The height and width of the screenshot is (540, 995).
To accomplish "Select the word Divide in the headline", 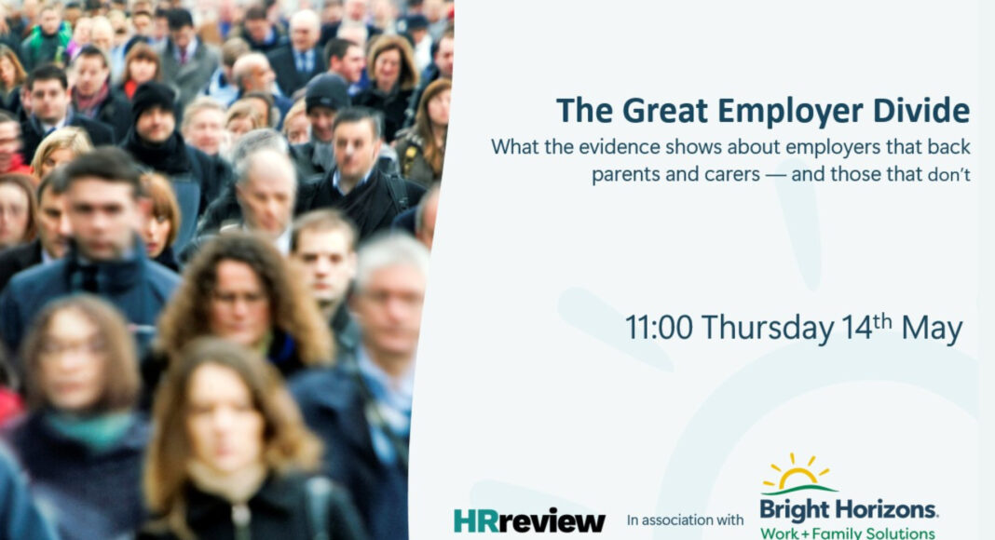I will point(920,111).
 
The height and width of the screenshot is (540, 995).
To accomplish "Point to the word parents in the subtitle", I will point(625,174).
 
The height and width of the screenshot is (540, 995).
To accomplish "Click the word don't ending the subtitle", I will point(949,175).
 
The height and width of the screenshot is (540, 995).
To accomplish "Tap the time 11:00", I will point(659,328).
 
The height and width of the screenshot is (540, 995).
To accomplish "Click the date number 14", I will point(858,328).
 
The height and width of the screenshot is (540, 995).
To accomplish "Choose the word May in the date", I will point(932,328).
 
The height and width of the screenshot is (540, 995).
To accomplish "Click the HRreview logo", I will point(529,520).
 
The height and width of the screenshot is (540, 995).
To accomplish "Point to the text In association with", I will point(686,520).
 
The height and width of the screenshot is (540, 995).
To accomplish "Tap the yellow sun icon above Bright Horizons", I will point(795,472).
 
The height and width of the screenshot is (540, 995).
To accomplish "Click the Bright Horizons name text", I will point(848,509).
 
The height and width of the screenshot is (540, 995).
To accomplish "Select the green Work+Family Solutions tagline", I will point(848,533).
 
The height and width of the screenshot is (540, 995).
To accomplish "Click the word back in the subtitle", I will point(949,146).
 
